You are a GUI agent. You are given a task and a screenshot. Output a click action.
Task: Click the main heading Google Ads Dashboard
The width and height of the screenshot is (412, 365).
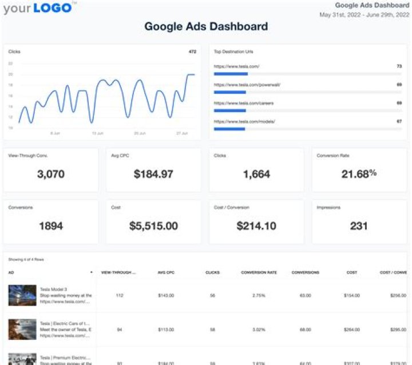click(206, 26)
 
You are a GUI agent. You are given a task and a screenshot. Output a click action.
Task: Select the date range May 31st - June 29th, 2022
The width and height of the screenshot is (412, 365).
click(365, 14)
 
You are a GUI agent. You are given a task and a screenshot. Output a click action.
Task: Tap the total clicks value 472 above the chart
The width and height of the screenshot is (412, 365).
click(192, 51)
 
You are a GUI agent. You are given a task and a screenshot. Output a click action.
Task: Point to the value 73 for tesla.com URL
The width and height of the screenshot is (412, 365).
click(399, 66)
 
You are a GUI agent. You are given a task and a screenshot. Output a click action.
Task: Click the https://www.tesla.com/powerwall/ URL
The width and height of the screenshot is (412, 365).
click(247, 85)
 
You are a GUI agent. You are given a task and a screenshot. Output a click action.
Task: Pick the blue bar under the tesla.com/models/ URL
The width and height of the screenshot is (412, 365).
click(229, 129)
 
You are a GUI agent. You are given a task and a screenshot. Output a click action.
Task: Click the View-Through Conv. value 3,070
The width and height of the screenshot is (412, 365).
click(50, 174)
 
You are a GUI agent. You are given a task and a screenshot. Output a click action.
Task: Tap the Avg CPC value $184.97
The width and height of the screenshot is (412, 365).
click(153, 174)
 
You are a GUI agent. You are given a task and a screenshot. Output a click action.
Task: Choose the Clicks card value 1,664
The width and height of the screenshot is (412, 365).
click(256, 174)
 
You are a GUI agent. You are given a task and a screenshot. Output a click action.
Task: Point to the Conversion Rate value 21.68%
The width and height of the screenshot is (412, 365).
click(359, 173)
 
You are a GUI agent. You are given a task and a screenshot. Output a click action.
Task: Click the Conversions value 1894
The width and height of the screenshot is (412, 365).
click(50, 225)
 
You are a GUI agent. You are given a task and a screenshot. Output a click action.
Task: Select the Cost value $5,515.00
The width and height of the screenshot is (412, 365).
click(153, 225)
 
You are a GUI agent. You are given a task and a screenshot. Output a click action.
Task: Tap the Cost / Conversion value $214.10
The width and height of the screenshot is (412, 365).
click(256, 225)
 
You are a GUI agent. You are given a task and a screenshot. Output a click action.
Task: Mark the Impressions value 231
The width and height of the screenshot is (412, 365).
click(359, 225)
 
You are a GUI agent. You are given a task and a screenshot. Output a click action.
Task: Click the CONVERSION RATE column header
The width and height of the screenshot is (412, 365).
click(259, 272)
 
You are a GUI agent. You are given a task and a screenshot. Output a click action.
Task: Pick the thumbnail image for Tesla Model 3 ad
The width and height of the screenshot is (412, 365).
click(22, 295)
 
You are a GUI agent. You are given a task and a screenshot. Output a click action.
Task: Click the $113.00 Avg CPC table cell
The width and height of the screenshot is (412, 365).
click(165, 330)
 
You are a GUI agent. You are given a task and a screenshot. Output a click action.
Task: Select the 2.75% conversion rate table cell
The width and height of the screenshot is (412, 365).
click(259, 295)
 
